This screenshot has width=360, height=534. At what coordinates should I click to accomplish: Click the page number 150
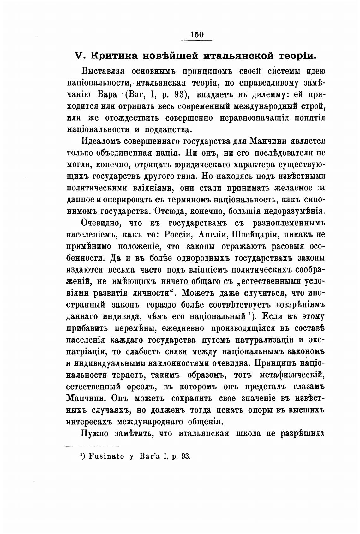click(x=197, y=35)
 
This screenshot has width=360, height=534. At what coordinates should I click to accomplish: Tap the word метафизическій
click(x=292, y=375)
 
